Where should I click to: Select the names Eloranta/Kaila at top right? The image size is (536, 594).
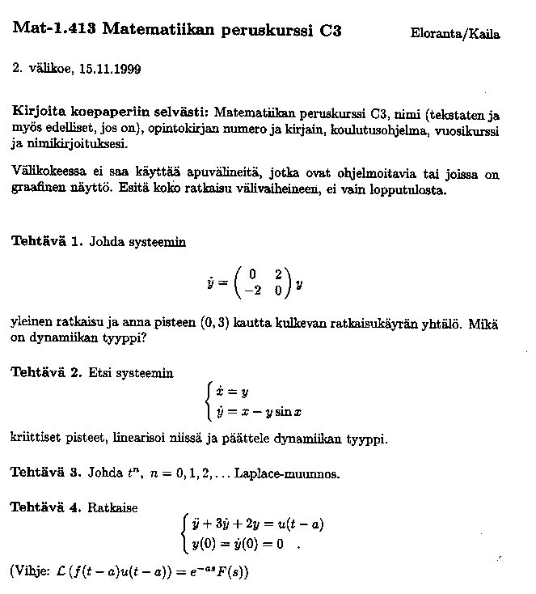[x=455, y=34]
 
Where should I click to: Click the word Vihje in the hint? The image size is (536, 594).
[x=32, y=571]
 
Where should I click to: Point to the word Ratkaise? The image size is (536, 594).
[x=112, y=508]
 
